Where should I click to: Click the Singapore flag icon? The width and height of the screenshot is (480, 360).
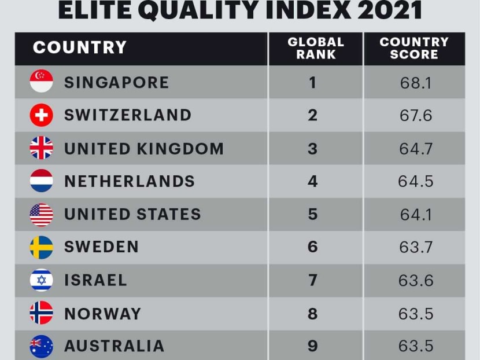pos(41,82)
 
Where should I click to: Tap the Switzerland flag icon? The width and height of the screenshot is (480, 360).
pos(41,115)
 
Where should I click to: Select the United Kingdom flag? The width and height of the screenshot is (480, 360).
pos(41,148)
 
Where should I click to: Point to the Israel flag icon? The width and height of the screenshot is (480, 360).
pos(41,280)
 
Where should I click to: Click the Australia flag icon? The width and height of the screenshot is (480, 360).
pos(41,346)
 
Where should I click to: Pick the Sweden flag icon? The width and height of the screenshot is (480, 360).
pos(41,247)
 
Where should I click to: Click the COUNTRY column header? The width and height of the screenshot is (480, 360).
pos(79,47)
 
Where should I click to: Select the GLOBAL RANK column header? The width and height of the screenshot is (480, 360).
pos(315,49)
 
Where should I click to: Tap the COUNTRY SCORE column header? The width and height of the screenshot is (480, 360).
pos(414,49)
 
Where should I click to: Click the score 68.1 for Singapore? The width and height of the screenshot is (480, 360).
pos(415,82)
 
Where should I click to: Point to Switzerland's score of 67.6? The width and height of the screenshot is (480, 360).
pos(415,115)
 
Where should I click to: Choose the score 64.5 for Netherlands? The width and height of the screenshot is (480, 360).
pos(415,181)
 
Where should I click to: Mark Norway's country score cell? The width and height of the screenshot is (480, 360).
pos(415,313)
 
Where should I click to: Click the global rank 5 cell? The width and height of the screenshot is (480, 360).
pos(313,214)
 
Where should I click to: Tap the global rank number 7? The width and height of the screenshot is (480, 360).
pos(313,280)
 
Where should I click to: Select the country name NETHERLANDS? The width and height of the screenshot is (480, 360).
pos(130,181)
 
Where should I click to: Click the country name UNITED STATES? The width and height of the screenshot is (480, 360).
pos(132,214)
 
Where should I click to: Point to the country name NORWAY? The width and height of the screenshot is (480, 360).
pos(102,313)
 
